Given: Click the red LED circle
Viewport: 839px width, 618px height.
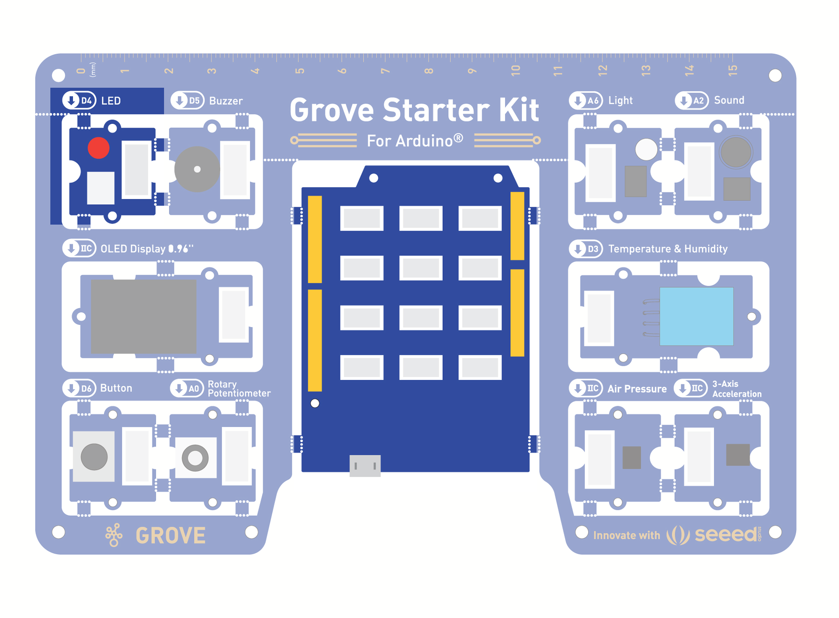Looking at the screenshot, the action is coord(98,148).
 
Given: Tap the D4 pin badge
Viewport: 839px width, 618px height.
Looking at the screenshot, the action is coord(80,101).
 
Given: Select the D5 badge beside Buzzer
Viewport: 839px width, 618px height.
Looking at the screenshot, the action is coord(188,101).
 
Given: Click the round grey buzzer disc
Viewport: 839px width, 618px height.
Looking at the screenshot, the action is coord(197,169).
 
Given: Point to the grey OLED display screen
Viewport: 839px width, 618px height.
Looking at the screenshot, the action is coord(143,316).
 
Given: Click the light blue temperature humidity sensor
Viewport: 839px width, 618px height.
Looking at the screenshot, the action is coord(696,316).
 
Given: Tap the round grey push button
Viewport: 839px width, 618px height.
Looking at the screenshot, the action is coord(94,457).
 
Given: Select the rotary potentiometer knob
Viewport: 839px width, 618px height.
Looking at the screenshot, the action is coord(195,458).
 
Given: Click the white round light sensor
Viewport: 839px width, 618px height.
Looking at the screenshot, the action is coord(646,149).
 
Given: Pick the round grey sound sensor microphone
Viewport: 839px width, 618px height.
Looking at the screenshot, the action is coord(736,152).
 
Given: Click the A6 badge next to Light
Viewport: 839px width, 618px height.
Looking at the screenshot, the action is coord(586,101).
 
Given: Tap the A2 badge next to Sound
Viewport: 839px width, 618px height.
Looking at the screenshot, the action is coord(692,101).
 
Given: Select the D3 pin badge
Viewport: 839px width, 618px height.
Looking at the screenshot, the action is coord(586,249).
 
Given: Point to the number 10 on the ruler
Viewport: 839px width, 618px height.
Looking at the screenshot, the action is coord(516,70).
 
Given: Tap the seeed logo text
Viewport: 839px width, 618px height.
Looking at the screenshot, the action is coord(726,534).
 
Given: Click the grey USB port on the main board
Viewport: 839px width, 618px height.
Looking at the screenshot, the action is coord(365,465).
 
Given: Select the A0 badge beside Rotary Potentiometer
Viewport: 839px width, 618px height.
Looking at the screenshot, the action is coord(187,388).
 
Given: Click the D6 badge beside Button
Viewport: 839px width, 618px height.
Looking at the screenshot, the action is coord(80,388).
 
